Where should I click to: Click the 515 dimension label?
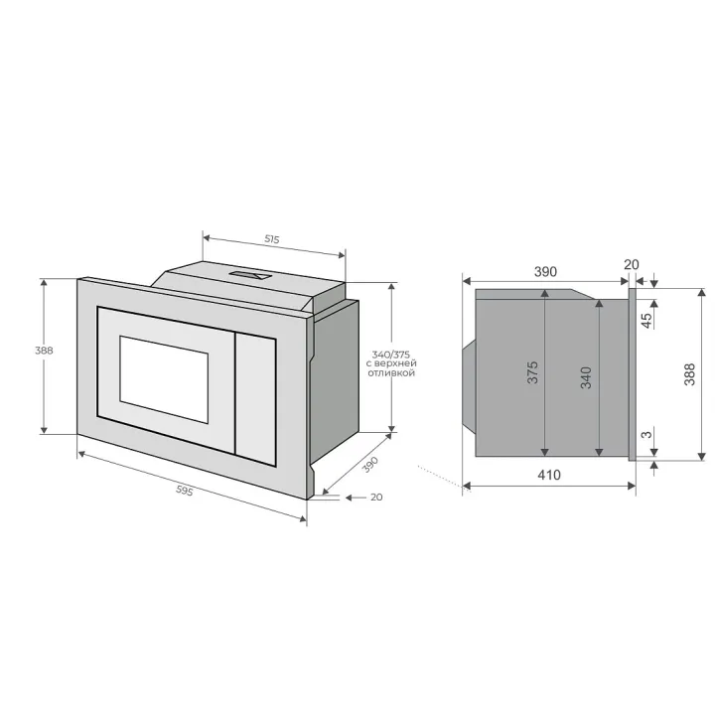tap(272, 239)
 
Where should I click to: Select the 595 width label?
tap(185, 491)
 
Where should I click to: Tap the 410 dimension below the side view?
tap(548, 475)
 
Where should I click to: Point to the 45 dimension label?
tap(646, 320)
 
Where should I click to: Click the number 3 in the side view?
tap(646, 435)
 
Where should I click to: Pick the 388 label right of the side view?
tap(689, 374)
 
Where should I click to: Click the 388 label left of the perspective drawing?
tap(44, 351)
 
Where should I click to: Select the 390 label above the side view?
tap(545, 272)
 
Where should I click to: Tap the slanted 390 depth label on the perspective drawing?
tap(370, 464)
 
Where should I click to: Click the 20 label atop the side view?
tap(632, 264)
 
